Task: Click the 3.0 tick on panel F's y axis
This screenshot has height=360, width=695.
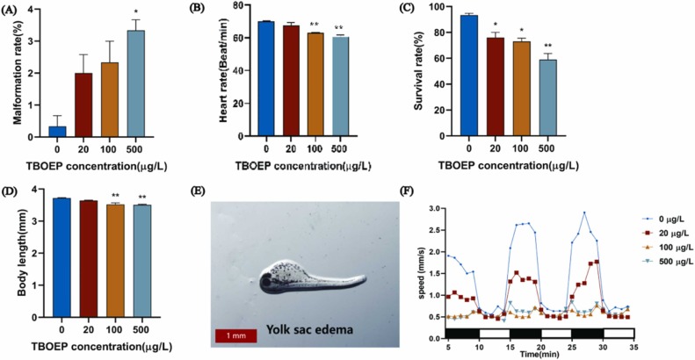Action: pyautogui.click(x=433, y=209)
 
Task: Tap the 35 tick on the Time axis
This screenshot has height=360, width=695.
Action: pyautogui.click(x=633, y=347)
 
